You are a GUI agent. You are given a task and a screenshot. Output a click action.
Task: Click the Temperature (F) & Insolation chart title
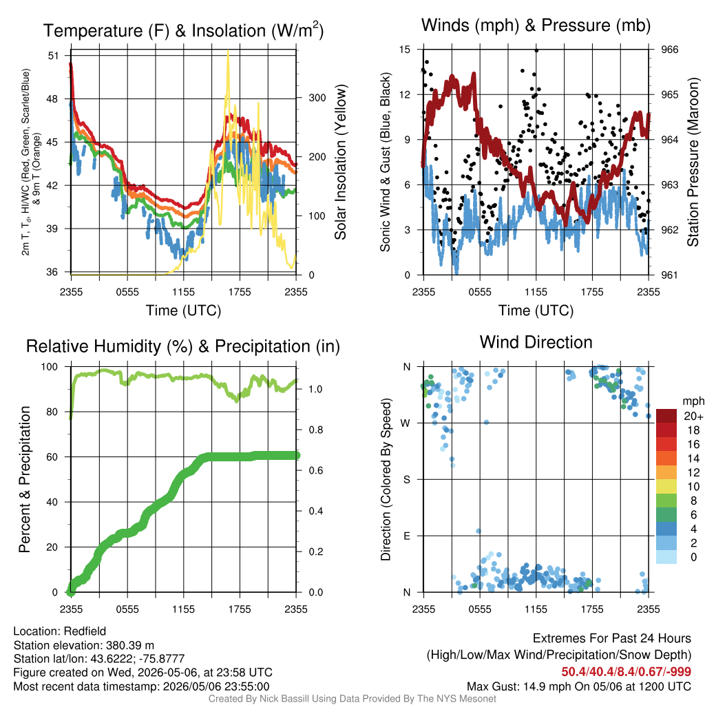tap(183, 30)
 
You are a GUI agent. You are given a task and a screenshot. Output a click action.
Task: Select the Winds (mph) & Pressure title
tap(536, 25)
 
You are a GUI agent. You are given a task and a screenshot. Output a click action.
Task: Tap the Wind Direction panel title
tap(536, 342)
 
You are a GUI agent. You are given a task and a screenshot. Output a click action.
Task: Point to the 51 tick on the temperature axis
tap(54, 56)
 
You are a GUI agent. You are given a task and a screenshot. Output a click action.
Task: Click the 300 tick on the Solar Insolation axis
tap(317, 98)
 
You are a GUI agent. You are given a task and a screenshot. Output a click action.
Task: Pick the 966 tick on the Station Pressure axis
tap(669, 50)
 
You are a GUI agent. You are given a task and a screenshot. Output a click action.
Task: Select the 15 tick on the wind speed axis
tap(405, 50)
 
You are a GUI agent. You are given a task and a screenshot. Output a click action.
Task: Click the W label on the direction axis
tap(406, 423)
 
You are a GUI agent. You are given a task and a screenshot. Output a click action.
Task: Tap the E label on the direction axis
tap(406, 536)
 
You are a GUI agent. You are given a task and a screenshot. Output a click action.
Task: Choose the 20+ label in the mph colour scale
tap(693, 416)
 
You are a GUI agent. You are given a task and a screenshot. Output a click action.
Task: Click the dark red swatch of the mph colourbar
tap(666, 416)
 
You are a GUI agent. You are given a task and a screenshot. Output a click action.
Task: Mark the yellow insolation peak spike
tap(228, 52)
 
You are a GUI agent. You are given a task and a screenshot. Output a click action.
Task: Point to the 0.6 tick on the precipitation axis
tap(315, 470)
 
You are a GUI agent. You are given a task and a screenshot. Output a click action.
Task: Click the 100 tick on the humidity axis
tap(50, 366)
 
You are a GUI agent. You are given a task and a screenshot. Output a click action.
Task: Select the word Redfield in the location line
tap(85, 631)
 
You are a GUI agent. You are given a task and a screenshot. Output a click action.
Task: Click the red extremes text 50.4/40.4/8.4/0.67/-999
tap(626, 672)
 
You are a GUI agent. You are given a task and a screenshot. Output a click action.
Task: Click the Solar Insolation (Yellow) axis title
tap(341, 162)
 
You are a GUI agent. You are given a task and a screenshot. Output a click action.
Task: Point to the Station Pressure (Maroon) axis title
tap(693, 162)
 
